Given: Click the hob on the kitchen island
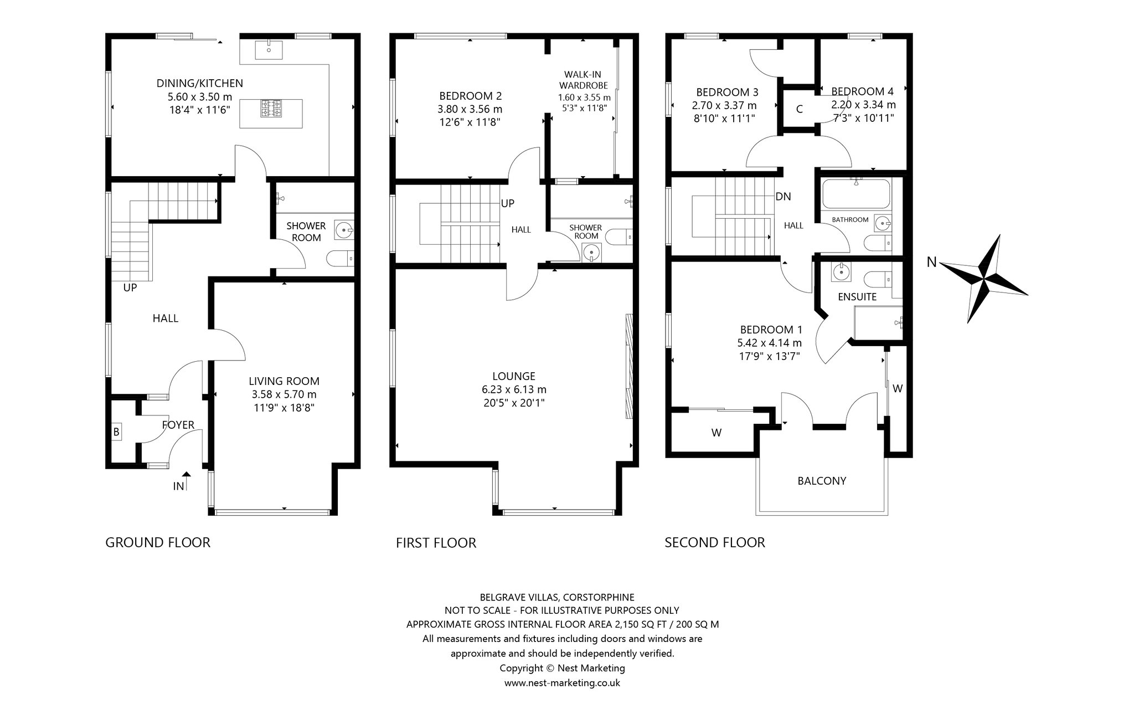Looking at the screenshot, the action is (x=271, y=109).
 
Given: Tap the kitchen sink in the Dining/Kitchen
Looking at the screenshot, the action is (x=269, y=50).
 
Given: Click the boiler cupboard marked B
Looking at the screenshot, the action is (x=116, y=431).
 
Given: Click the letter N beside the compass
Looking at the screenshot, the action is (x=932, y=263).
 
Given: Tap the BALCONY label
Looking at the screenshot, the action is (x=822, y=481).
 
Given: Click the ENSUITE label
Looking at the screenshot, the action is (x=857, y=297).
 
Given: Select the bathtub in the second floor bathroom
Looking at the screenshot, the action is (x=856, y=194).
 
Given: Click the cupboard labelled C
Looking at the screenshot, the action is (x=799, y=109).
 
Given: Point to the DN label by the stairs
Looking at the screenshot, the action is (x=783, y=196).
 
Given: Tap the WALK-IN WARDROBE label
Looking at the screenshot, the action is (x=583, y=80).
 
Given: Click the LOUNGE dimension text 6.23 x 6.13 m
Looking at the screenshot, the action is (x=514, y=389).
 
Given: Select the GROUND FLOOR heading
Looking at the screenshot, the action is (x=158, y=542).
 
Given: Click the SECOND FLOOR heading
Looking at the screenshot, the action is (x=715, y=542).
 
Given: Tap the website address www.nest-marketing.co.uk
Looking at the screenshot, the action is (x=562, y=682).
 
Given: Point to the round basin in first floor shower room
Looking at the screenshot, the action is (x=591, y=253).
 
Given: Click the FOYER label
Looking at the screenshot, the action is (x=178, y=425).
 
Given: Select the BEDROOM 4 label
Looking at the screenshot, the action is (x=862, y=91).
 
